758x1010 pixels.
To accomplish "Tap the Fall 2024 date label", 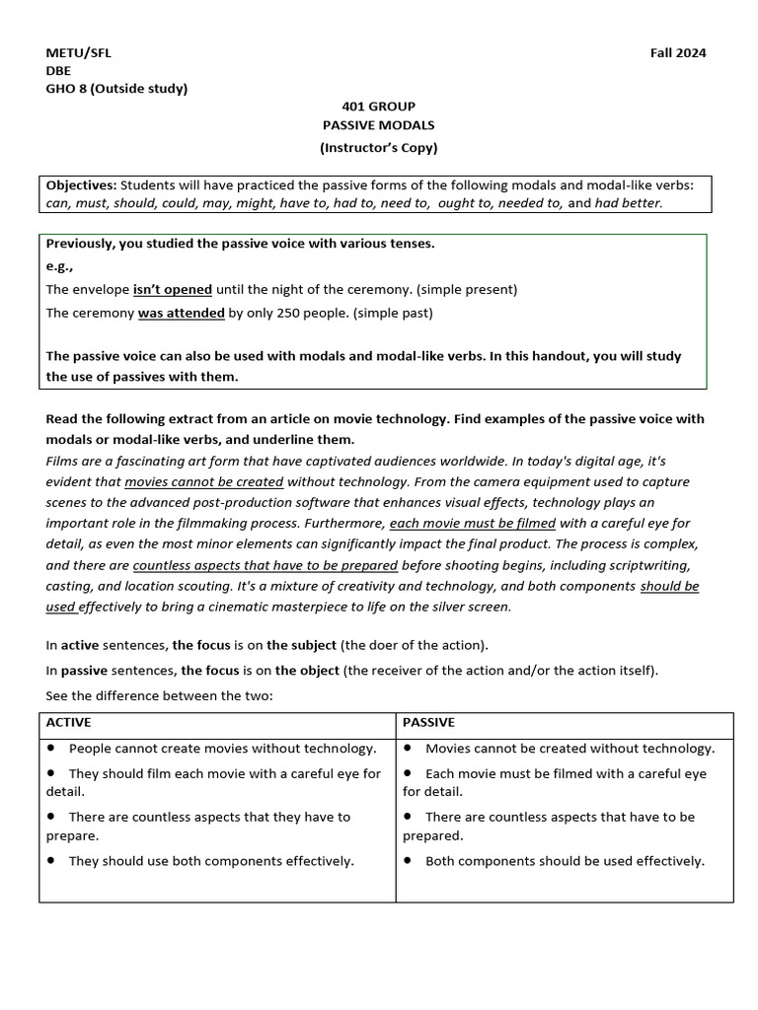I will tap(678, 53).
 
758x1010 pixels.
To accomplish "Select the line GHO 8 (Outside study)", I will tap(116, 89).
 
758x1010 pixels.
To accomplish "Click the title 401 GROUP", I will tap(378, 107).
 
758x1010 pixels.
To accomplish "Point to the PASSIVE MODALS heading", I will tap(378, 125).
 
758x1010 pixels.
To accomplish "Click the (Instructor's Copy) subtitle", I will tap(378, 148).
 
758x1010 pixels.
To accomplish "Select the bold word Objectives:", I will tap(82, 185).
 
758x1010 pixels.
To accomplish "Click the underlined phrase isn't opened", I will tap(173, 290).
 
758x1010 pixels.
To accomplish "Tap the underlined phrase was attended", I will tap(181, 314).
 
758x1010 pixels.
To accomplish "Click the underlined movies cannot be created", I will tap(203, 482).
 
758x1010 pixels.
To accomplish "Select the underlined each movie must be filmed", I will tap(472, 523).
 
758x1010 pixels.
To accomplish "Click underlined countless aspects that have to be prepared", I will tap(265, 565).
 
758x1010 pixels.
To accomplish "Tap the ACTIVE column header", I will tap(68, 723).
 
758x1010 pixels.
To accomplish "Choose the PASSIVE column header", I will tap(428, 723).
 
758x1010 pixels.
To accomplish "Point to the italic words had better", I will tap(629, 203).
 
